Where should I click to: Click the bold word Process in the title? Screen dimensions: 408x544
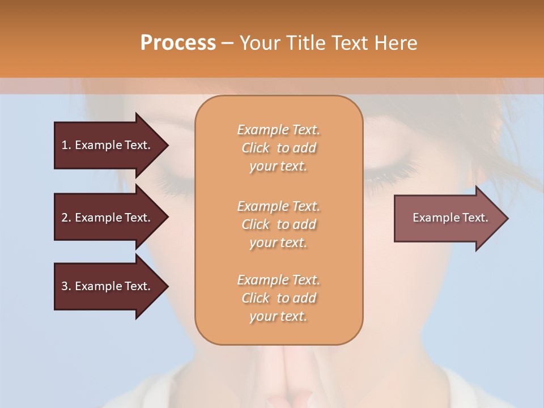pos(178,43)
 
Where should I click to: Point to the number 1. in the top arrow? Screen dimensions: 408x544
pos(66,145)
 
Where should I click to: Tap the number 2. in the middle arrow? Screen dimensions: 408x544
pos(66,218)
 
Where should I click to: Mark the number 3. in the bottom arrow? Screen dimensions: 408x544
pos(66,286)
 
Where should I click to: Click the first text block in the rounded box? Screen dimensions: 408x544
pos(278,148)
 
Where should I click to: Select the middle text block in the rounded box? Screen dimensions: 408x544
pos(278,224)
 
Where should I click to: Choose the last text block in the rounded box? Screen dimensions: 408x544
pos(278,298)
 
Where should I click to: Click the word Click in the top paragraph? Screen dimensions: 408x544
pos(255,148)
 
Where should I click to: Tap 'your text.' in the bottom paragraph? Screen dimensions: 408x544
pos(278,316)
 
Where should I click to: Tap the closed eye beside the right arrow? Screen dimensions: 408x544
pos(391,173)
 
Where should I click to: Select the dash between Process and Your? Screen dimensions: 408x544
pos(228,43)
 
